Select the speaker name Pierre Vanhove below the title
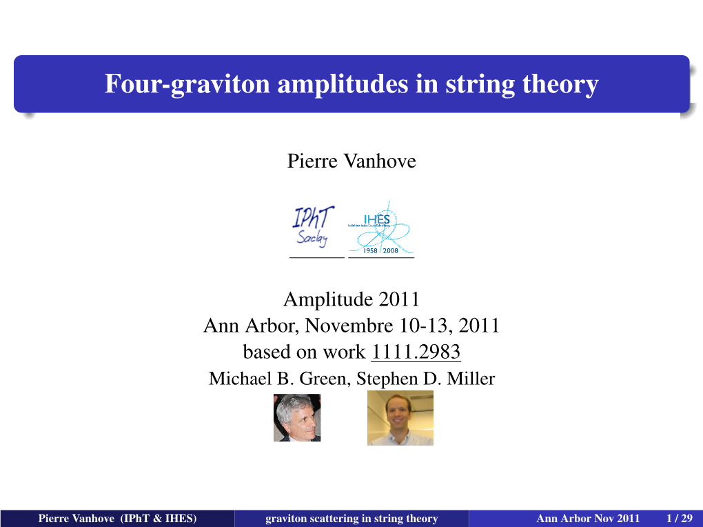tap(351, 161)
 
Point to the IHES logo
tap(380, 228)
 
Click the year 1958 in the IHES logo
tap(370, 250)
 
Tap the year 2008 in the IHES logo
tap(391, 250)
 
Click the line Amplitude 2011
tap(351, 299)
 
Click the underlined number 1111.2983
tap(416, 352)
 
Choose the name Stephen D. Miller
tap(425, 379)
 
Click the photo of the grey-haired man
tap(297, 417)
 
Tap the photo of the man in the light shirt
tap(400, 418)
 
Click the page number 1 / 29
tap(680, 519)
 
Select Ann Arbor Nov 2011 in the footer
tap(588, 519)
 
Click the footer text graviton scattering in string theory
tap(351, 519)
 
